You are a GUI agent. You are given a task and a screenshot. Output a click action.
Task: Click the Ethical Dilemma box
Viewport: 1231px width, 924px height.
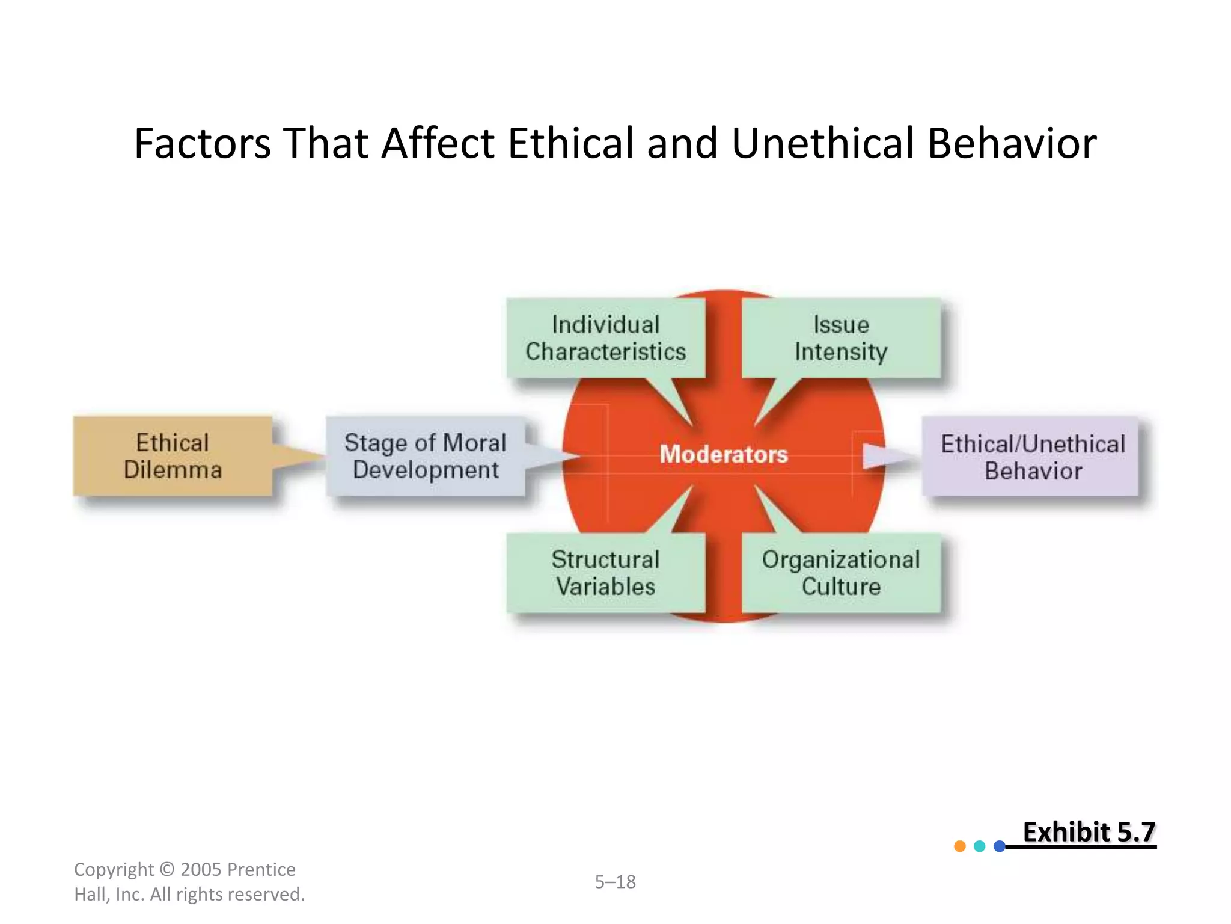tap(173, 456)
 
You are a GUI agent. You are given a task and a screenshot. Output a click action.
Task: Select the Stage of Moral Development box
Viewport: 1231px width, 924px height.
tap(425, 456)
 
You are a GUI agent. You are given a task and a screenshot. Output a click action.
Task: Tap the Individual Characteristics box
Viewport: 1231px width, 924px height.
tap(605, 338)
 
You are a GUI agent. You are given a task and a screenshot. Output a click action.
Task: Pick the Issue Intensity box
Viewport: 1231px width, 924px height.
tap(841, 338)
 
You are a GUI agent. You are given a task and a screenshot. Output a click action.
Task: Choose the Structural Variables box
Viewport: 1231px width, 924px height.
tap(605, 573)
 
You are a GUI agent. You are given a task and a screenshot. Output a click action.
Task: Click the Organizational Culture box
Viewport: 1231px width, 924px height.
tap(841, 573)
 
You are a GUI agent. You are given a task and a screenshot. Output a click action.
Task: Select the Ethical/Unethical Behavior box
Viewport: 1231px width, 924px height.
tap(1031, 457)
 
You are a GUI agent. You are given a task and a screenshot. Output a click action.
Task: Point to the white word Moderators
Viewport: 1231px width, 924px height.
tap(724, 454)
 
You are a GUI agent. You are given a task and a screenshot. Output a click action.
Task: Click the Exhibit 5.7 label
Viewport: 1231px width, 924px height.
tap(1089, 833)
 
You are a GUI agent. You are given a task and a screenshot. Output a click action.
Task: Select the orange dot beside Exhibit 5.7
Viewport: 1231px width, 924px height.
tap(960, 846)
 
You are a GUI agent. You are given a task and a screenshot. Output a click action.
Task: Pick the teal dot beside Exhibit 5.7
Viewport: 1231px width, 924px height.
tap(980, 846)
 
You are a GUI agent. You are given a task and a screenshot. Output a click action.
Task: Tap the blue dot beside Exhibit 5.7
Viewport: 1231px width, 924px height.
tap(1000, 846)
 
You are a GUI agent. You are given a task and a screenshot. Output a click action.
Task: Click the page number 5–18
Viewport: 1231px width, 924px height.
tap(615, 882)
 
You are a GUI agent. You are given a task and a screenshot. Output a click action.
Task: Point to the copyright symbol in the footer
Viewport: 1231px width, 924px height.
tap(168, 870)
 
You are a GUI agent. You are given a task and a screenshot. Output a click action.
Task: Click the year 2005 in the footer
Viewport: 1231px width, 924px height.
tap(201, 870)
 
